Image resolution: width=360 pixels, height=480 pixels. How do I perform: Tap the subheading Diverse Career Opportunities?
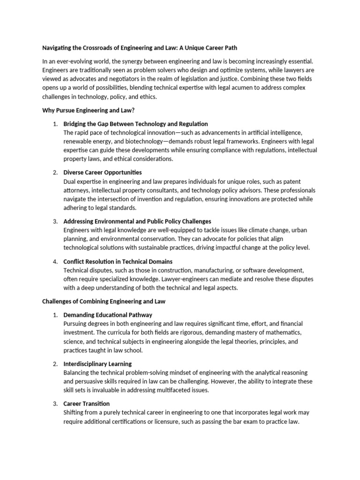click(x=103, y=172)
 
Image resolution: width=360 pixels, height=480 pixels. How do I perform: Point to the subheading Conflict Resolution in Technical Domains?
click(x=118, y=261)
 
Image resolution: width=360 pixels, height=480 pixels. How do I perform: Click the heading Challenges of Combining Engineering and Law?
click(x=104, y=301)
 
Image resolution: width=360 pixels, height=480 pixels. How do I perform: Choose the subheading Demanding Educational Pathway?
click(x=108, y=315)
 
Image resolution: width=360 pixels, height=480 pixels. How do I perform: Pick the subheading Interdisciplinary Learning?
click(x=97, y=364)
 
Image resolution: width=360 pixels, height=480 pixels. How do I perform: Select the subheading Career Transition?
click(x=87, y=404)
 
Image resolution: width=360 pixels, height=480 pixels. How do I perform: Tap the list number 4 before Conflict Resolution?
click(x=55, y=261)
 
